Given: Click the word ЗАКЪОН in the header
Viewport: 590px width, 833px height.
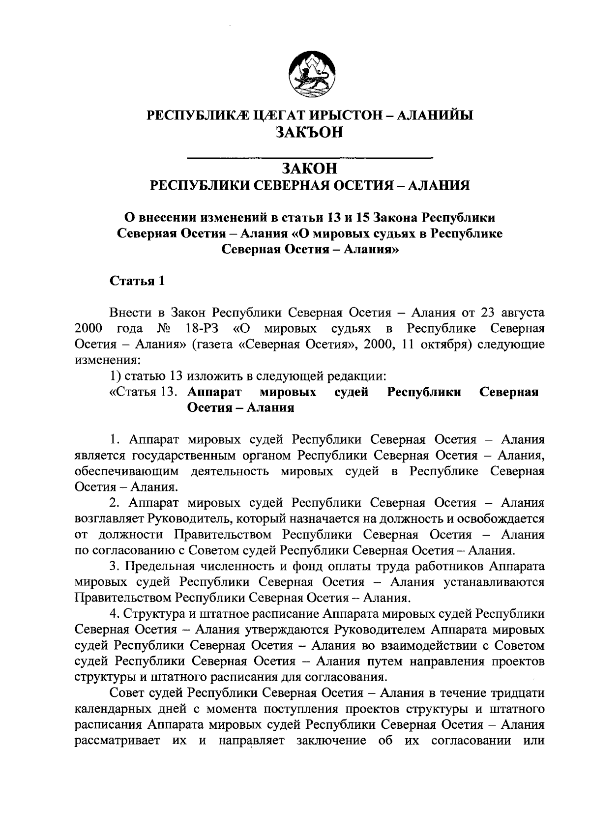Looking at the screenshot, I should [x=310, y=133].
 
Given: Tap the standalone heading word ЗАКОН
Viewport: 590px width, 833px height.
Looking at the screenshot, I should [x=310, y=169].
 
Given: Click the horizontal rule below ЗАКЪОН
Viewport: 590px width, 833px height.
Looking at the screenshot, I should [x=310, y=157].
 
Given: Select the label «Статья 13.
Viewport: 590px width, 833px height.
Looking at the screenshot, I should [x=143, y=392].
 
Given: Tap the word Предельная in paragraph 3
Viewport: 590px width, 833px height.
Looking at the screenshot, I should [x=157, y=566].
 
